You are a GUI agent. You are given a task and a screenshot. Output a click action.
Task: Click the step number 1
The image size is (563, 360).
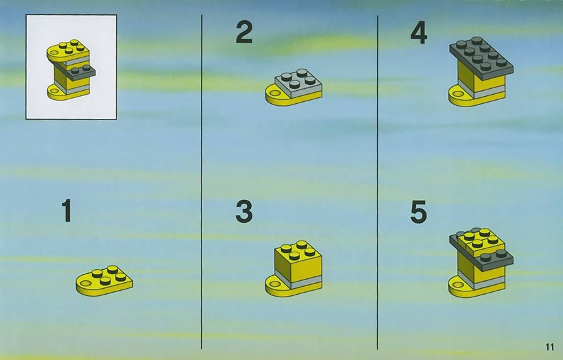[x=67, y=210]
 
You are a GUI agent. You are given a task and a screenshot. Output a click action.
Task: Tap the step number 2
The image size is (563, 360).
[x=244, y=32]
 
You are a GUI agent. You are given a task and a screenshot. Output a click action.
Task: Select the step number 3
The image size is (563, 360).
[x=244, y=211]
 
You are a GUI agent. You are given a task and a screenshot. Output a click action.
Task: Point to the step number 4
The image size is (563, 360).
[x=418, y=32]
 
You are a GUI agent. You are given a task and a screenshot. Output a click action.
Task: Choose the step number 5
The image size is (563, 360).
[x=418, y=212]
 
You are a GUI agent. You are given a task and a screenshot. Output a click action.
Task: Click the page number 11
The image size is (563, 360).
[x=549, y=347]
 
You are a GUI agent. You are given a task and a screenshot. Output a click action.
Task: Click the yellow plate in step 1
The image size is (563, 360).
[x=104, y=281]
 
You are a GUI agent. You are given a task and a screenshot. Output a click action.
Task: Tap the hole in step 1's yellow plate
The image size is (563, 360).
[x=86, y=284]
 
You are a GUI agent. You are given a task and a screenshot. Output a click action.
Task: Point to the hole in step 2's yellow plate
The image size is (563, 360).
[x=275, y=93]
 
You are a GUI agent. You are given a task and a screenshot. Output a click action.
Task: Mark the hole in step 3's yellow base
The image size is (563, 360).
[x=275, y=285]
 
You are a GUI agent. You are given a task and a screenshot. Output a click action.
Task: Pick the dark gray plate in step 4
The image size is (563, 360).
[x=481, y=57]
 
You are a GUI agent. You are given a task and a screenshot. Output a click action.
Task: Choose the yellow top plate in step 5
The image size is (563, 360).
[x=479, y=240]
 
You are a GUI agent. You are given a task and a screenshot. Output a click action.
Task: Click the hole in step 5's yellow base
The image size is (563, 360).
[x=458, y=285]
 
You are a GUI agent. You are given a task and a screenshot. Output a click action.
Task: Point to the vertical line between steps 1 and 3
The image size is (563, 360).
[x=201, y=182]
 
